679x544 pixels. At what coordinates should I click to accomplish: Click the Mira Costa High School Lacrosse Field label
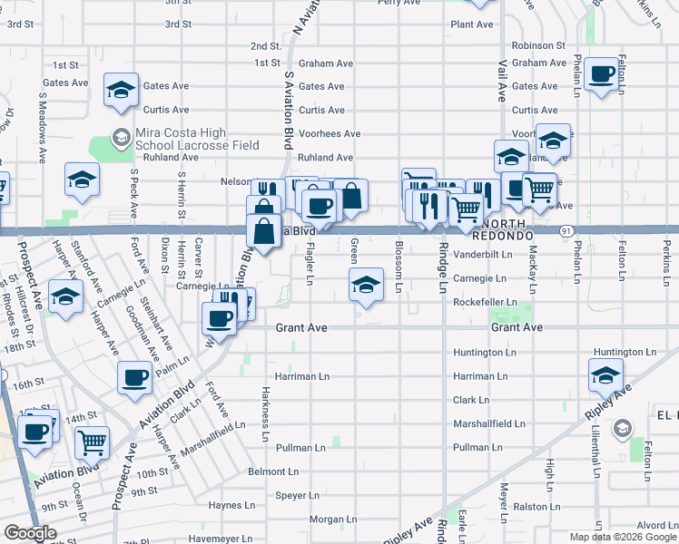(x=197, y=139)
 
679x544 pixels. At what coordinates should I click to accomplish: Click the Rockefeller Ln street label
(x=485, y=302)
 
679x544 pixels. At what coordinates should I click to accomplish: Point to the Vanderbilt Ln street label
(x=482, y=255)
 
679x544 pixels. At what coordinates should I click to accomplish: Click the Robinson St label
(x=538, y=45)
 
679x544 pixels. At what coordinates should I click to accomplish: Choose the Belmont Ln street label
(x=273, y=471)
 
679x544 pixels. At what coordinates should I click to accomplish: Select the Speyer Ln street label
(x=298, y=495)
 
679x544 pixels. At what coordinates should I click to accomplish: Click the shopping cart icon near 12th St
(x=92, y=442)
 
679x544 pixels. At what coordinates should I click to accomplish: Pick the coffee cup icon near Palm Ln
(x=134, y=376)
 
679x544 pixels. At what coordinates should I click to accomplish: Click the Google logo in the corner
(x=30, y=534)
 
